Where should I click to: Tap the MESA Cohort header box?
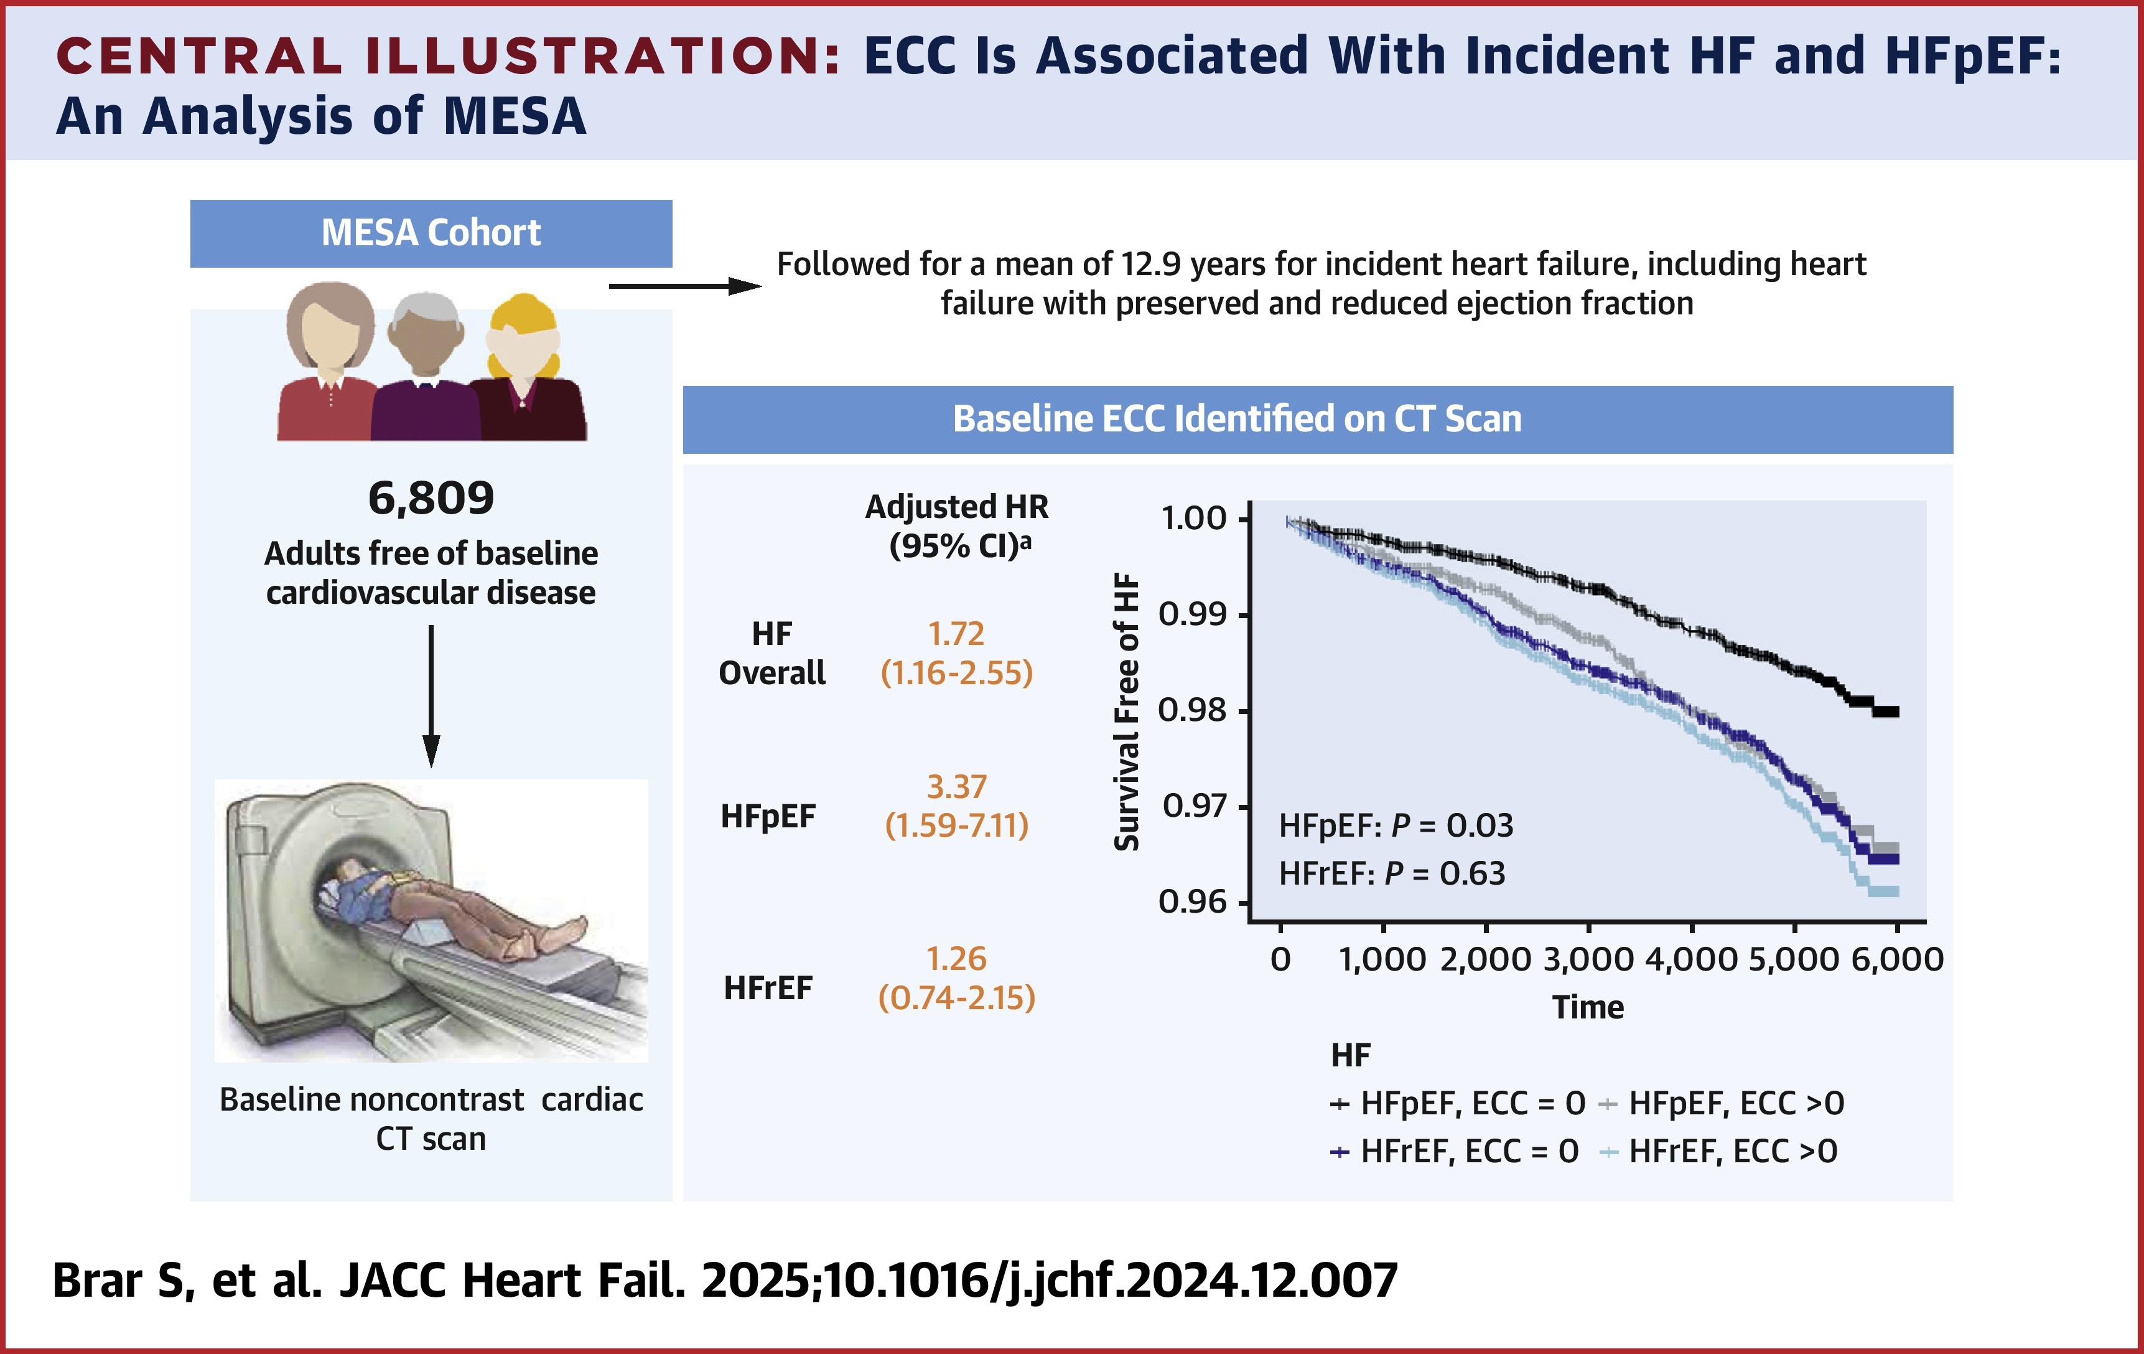click(x=431, y=233)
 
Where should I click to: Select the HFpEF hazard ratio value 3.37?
click(x=956, y=787)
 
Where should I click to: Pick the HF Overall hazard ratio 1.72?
click(x=956, y=633)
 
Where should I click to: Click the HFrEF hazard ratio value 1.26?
click(x=956, y=959)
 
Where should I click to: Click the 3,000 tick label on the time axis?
click(x=1588, y=959)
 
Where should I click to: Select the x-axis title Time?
click(x=1588, y=1007)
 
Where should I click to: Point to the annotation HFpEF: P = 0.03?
click(x=1395, y=825)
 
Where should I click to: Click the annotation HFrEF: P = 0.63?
click(x=1392, y=873)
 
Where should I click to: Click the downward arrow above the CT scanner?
click(x=431, y=695)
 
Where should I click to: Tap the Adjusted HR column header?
click(x=956, y=525)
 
